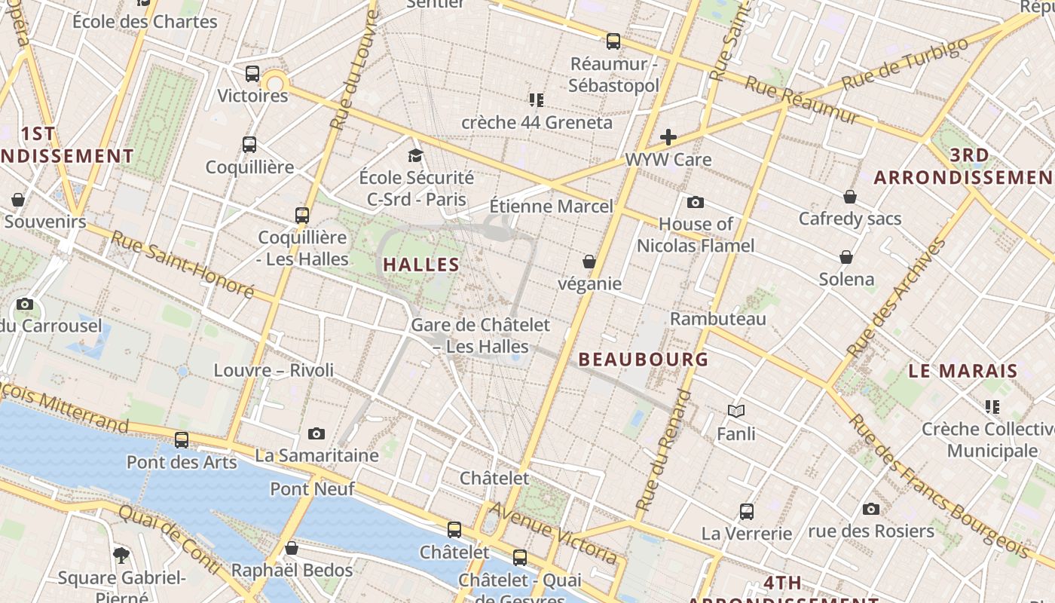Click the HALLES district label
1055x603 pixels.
click(x=421, y=265)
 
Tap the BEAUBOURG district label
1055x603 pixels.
click(x=644, y=360)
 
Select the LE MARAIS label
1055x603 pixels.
click(x=963, y=371)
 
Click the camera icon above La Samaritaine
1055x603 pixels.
click(x=316, y=433)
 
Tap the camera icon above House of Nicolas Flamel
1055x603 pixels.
click(x=696, y=202)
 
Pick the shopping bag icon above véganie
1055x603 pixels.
click(x=589, y=262)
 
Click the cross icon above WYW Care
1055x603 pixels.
click(x=668, y=137)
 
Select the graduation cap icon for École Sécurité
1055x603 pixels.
click(x=415, y=155)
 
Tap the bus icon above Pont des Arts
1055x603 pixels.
click(x=182, y=439)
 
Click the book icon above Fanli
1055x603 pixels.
click(x=736, y=411)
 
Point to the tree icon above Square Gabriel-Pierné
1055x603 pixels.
click(x=121, y=556)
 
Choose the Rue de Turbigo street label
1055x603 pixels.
click(x=904, y=63)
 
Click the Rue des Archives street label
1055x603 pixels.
click(x=896, y=298)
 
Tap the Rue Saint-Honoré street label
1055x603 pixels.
click(x=183, y=264)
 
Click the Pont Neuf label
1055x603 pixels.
click(x=312, y=488)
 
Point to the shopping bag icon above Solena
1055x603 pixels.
click(x=846, y=257)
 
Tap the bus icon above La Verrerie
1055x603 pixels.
click(x=747, y=511)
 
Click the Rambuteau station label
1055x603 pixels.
click(x=717, y=319)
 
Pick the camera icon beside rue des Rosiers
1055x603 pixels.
click(x=871, y=509)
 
